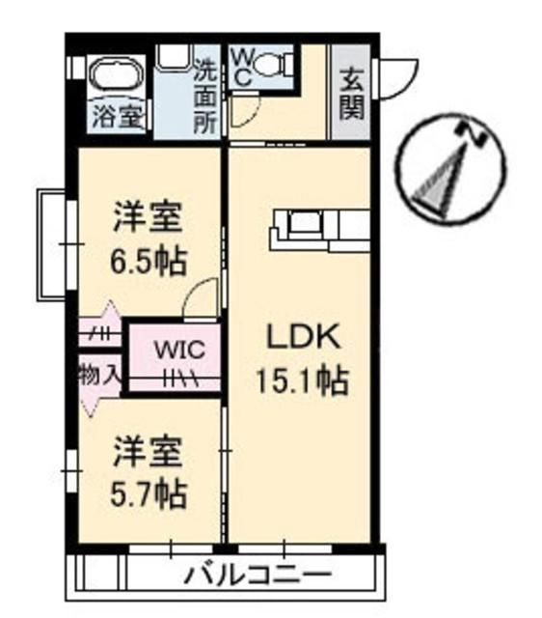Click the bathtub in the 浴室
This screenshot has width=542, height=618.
117,75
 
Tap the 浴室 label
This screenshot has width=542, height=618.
119,117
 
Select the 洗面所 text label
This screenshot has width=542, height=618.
204,97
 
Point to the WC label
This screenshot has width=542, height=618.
242,68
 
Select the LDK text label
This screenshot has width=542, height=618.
302,338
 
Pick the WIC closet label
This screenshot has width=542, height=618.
176,348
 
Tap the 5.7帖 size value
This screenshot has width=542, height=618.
148,494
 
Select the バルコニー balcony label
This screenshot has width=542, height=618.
257,576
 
